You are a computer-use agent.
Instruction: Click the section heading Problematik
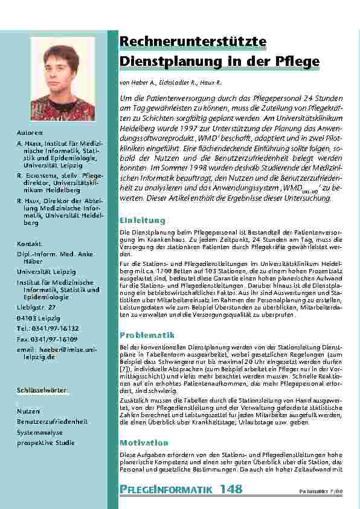[x=147, y=334]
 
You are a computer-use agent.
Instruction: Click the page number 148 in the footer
[x=232, y=488]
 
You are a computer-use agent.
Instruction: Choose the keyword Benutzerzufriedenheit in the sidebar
[x=53, y=421]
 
